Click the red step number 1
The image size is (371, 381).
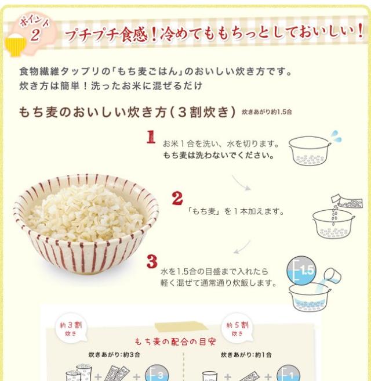click(x=151, y=137)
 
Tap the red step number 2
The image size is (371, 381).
click(x=177, y=198)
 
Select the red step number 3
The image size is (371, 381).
click(x=152, y=261)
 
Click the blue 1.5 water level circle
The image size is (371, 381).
click(x=301, y=270)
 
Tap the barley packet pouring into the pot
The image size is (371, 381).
click(x=347, y=201)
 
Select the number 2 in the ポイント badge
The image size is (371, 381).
click(x=35, y=35)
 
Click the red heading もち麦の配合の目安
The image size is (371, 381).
click(x=175, y=342)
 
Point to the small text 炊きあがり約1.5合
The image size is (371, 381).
click(x=267, y=112)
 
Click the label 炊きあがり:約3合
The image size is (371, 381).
click(x=114, y=355)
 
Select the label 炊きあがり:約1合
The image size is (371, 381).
click(x=246, y=355)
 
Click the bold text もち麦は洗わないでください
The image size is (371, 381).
click(x=219, y=155)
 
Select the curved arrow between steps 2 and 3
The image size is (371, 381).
click(x=242, y=247)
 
